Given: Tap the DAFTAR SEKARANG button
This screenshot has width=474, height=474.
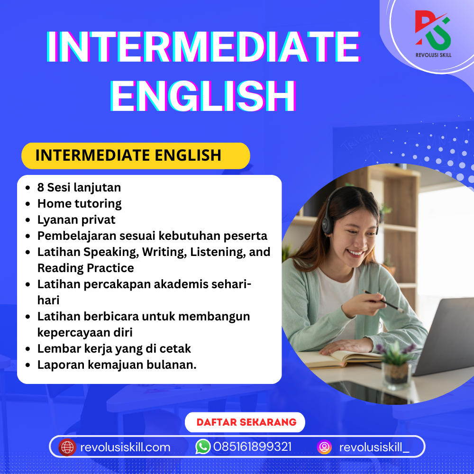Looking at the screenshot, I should (x=246, y=422).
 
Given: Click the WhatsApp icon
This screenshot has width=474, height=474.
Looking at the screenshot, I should (x=203, y=447).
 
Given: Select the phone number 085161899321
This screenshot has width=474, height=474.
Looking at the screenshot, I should (x=252, y=447).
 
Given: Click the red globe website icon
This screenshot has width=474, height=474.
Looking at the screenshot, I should (x=67, y=447).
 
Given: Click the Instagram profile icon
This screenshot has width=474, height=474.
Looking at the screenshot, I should (x=324, y=447).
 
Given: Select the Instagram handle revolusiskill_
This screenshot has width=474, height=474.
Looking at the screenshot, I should (x=374, y=447).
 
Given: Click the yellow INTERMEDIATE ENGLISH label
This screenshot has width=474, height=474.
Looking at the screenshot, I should (x=136, y=155).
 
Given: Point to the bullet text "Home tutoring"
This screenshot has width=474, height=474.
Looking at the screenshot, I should (x=79, y=204).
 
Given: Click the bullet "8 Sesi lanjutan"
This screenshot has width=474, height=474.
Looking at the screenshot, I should (x=79, y=187).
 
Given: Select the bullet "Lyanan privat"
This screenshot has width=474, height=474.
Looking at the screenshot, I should (x=76, y=220).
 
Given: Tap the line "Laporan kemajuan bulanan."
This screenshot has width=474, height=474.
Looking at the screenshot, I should (x=117, y=365).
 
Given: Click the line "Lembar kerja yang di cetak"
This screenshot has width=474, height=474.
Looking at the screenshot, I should (x=114, y=349).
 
